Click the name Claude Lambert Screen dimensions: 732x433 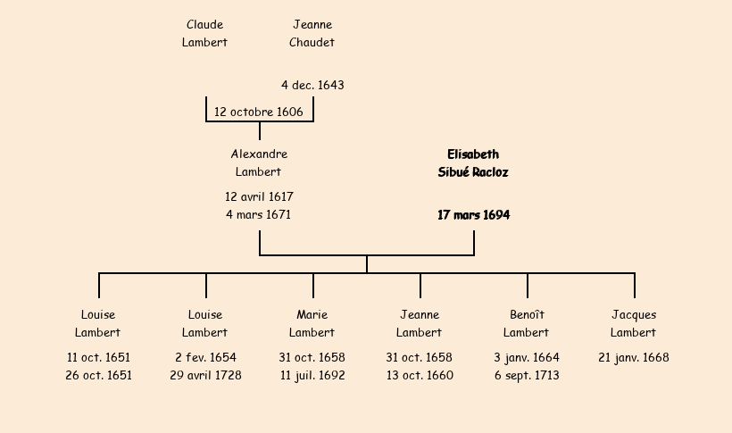point(204,33)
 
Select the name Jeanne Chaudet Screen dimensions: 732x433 point(312,33)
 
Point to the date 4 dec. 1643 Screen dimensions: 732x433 point(312,85)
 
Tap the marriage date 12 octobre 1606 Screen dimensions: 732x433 point(259,112)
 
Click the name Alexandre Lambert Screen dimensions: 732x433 point(259,162)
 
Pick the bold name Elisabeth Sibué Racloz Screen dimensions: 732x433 point(473,163)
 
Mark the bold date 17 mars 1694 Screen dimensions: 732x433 point(474,215)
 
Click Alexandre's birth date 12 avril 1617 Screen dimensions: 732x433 point(259,196)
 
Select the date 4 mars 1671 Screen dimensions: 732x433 point(258,214)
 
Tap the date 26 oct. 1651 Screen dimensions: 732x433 point(98,375)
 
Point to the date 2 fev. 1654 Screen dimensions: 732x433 point(206,357)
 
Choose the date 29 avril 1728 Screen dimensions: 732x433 point(206,375)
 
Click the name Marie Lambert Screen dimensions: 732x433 point(312,323)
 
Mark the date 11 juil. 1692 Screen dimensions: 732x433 point(312,375)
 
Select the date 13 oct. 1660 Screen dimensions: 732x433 point(420,375)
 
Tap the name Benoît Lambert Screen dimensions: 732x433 point(527,323)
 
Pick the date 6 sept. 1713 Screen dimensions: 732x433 point(527,375)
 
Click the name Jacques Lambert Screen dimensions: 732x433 point(634,323)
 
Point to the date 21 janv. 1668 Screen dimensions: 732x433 point(634,357)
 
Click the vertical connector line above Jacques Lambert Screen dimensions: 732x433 point(635,286)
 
